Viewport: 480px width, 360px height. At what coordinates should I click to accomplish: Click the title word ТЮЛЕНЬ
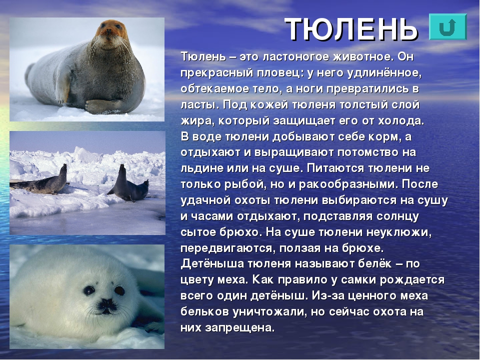pyautogui.click(x=351, y=29)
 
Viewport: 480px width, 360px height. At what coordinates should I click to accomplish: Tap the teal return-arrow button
pyautogui.click(x=448, y=27)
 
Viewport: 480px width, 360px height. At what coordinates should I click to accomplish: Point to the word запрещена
pyautogui.click(x=240, y=328)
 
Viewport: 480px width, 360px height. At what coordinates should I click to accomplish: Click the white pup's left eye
pyautogui.click(x=89, y=290)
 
